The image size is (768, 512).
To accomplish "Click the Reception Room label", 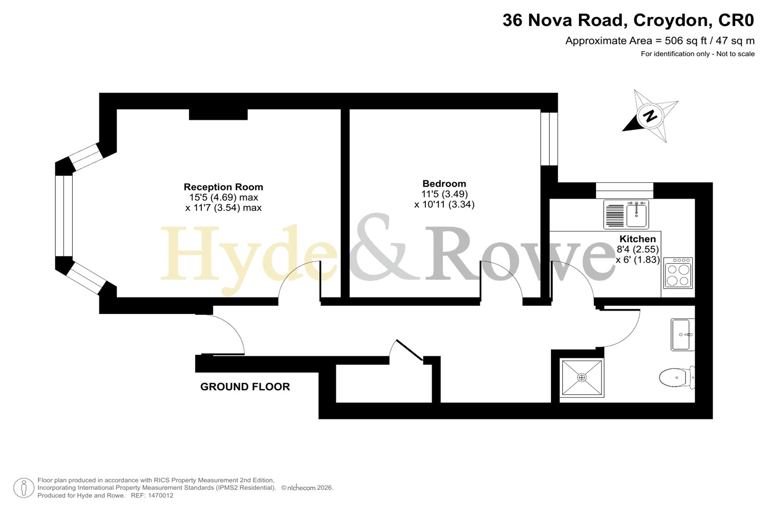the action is tap(223, 187).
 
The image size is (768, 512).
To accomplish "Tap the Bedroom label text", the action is tap(444, 183).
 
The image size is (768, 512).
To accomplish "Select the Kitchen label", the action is tap(637, 239).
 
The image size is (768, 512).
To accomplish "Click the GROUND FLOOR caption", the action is tap(245, 387).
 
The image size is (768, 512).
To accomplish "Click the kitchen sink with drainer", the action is tap(626, 215).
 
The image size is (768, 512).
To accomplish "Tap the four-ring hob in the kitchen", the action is tap(678, 273).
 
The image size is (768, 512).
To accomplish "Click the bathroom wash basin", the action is tap(682, 335).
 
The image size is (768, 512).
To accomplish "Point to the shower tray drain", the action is tap(582, 378).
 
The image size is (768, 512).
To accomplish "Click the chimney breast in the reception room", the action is tap(219, 115).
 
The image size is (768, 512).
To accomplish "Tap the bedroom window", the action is tap(549, 139).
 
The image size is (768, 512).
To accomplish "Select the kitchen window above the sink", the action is tap(624, 190).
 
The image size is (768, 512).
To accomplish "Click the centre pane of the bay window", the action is tap(64, 216).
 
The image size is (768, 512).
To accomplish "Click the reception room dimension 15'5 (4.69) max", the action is tap(224, 198).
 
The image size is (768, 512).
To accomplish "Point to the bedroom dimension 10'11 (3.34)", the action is tap(444, 205).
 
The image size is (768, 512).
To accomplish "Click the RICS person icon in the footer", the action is tap(24, 487).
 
